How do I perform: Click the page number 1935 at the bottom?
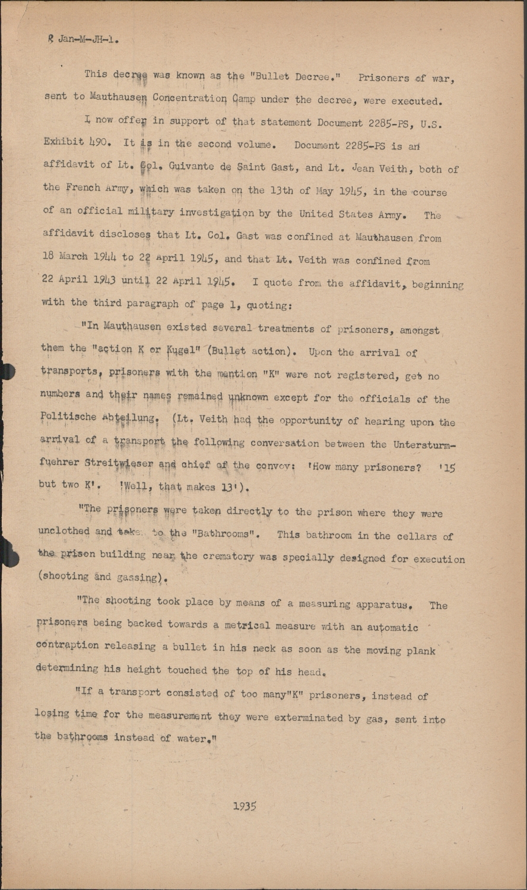244,806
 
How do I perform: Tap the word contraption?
66,646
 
